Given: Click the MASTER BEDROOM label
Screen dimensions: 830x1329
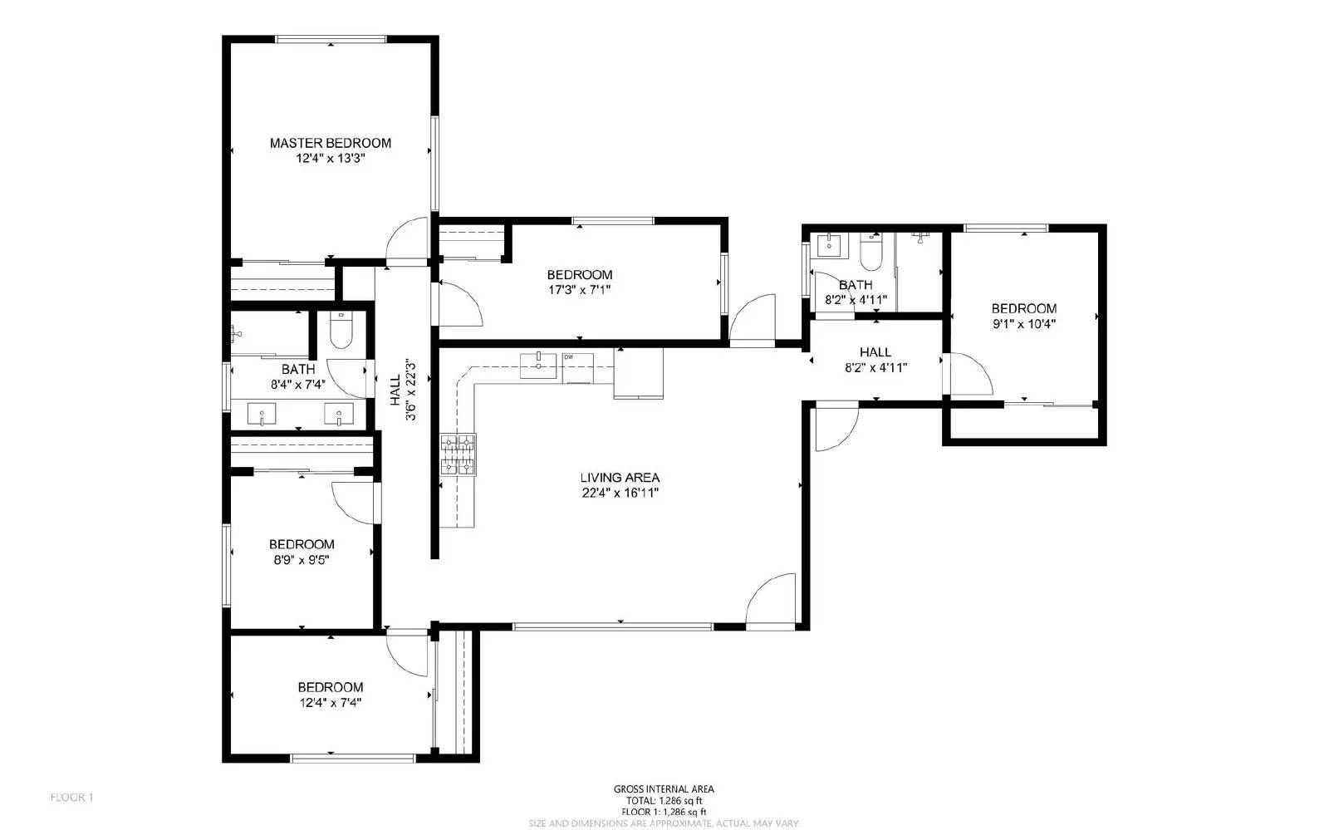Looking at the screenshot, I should point(330,143).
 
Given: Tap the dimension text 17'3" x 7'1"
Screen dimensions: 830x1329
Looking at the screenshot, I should point(579,290).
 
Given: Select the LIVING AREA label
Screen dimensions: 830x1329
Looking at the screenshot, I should point(620,478).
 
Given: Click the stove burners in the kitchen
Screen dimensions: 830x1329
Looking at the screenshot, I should point(458,454).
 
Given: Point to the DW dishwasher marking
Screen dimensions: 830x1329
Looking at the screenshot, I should point(569,357).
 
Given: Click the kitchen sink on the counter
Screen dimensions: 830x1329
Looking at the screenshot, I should point(538,366).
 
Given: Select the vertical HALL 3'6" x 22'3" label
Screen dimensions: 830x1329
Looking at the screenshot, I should point(402,389).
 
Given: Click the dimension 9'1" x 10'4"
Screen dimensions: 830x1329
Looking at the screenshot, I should point(1023,325).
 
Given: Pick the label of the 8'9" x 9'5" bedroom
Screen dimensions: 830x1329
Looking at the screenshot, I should point(302,544).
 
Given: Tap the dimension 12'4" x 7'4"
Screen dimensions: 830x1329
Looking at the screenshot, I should point(330,703).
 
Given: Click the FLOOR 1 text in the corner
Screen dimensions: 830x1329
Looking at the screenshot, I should point(71,798).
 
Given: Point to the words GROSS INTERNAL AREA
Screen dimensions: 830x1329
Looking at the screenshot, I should point(664,789).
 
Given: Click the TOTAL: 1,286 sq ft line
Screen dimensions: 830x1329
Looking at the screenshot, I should point(664,801).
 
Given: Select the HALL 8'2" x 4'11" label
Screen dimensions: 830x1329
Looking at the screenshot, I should point(875,352).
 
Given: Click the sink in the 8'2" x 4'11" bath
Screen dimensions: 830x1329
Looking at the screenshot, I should point(828,245).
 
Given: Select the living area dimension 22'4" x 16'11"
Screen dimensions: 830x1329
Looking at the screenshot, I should point(620,493).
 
